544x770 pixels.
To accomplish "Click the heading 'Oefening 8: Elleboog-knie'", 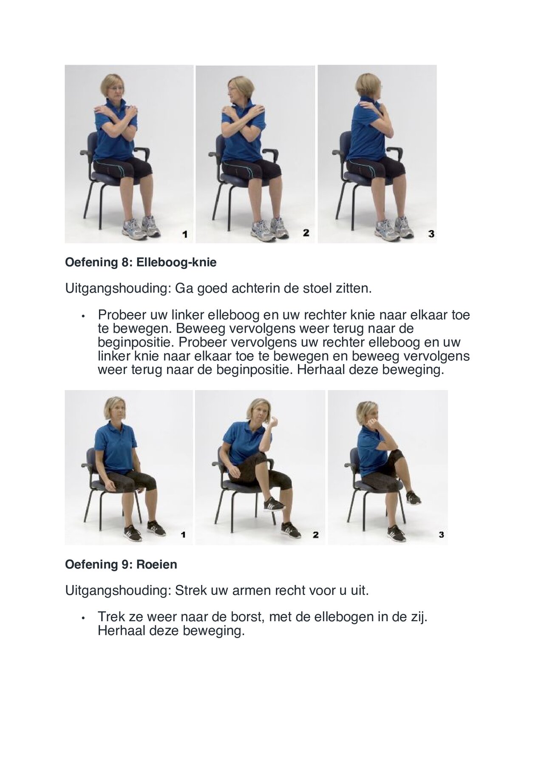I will point(140,262).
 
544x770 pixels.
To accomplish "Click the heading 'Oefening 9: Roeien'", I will point(121,565).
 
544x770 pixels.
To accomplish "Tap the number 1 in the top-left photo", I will point(184,234).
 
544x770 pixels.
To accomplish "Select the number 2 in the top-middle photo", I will point(306,233).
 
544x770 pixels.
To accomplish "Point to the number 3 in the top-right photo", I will point(431,234).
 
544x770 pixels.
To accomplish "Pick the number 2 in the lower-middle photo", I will point(315,535).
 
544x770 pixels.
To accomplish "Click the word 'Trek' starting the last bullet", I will point(111,616).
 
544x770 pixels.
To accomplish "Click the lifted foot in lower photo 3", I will point(413,497).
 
